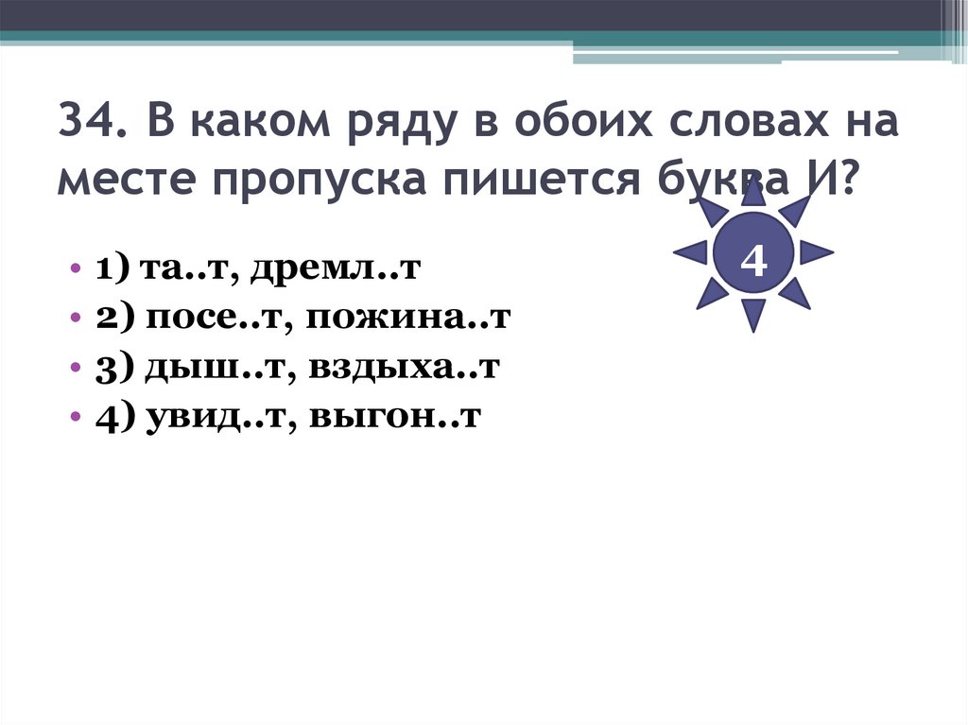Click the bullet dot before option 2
(x=75, y=320)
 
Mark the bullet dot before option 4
(x=75, y=420)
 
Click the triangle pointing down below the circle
(x=753, y=314)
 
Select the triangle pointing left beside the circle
(x=691, y=251)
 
